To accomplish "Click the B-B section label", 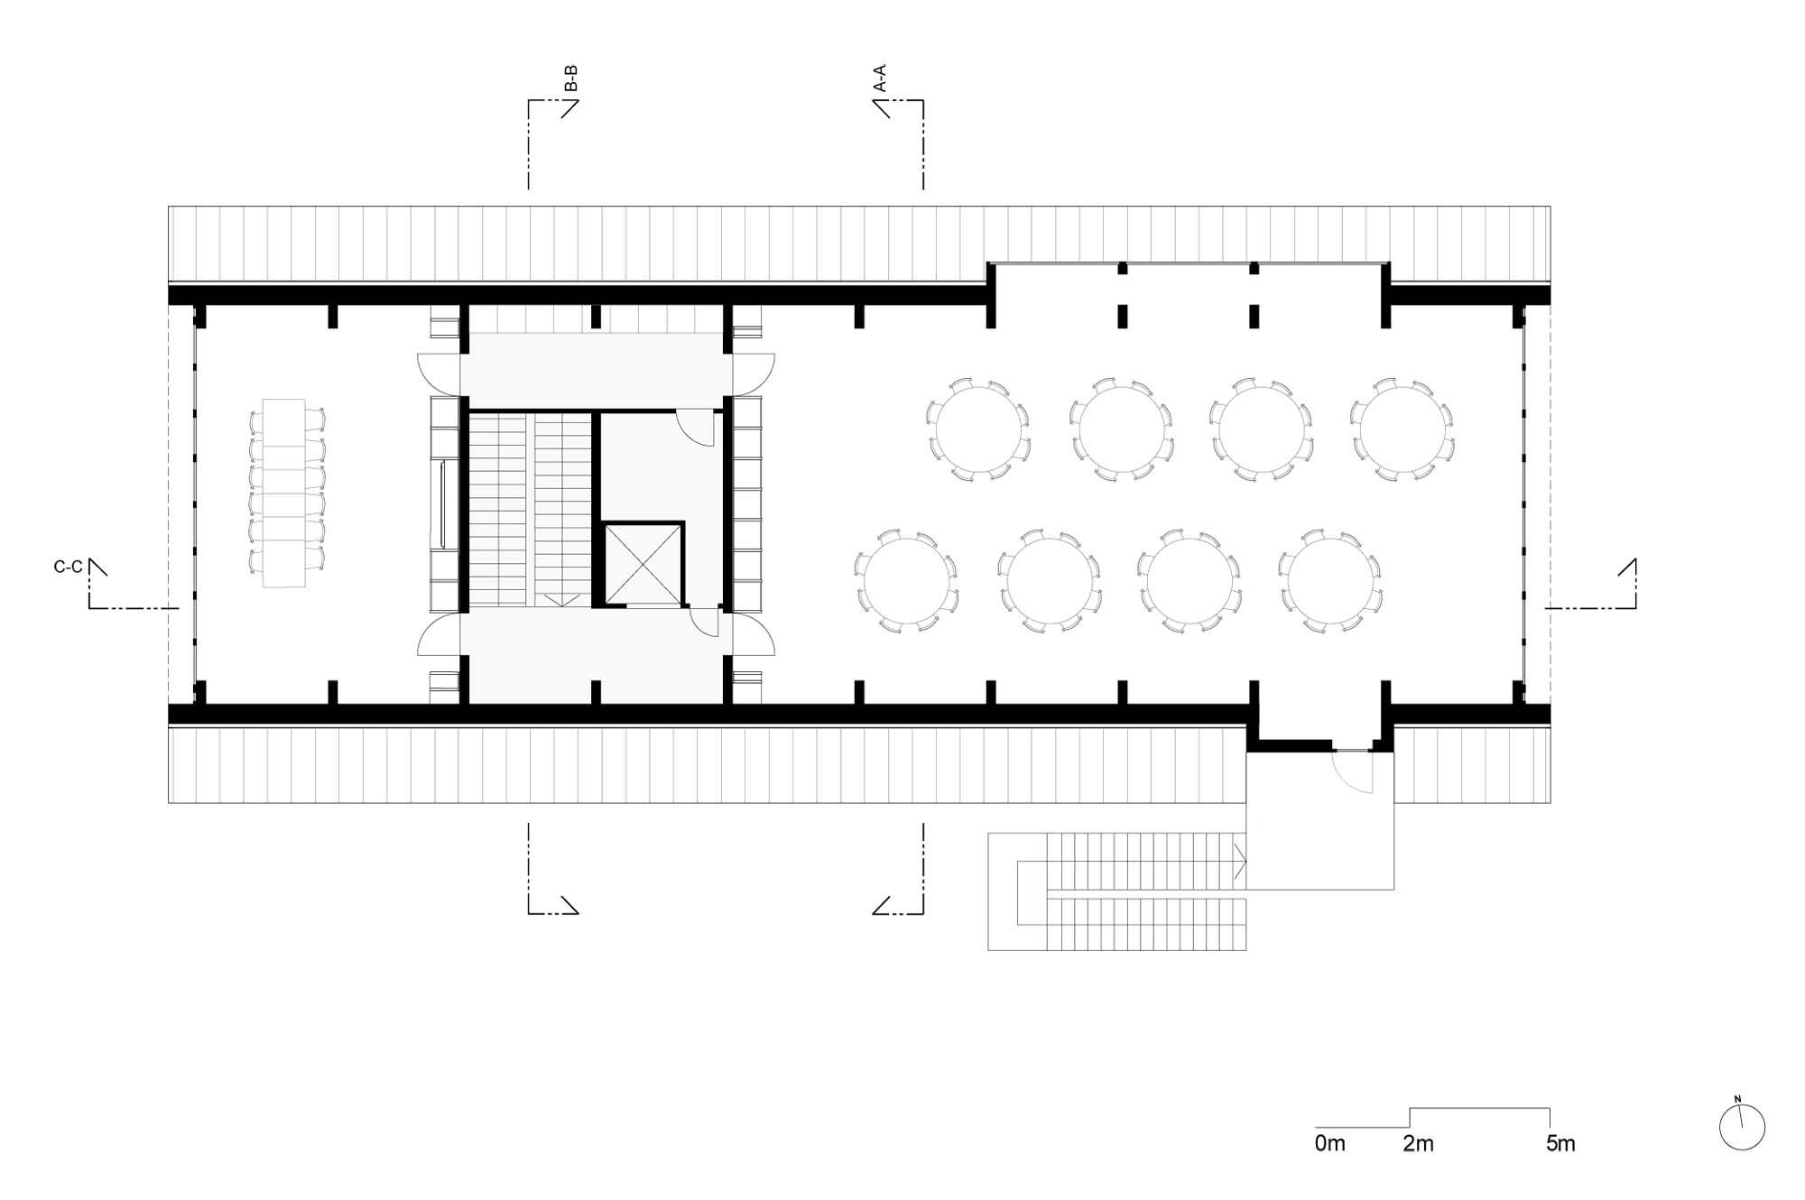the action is point(570,78).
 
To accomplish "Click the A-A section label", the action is point(880,78).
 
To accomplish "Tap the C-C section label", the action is point(69,568).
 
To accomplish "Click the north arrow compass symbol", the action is point(1743,1126).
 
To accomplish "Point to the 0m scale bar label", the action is point(1329,1144).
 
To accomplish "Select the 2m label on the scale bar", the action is point(1418,1144).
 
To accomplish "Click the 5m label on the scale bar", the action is point(1560,1144).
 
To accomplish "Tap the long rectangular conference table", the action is point(285,493).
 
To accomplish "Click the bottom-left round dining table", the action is point(905,580).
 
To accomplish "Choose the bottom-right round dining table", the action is point(1330,580).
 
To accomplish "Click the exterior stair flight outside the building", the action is point(1117,891).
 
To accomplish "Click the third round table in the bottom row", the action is point(1189,580).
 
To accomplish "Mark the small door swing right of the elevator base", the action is point(704,623).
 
